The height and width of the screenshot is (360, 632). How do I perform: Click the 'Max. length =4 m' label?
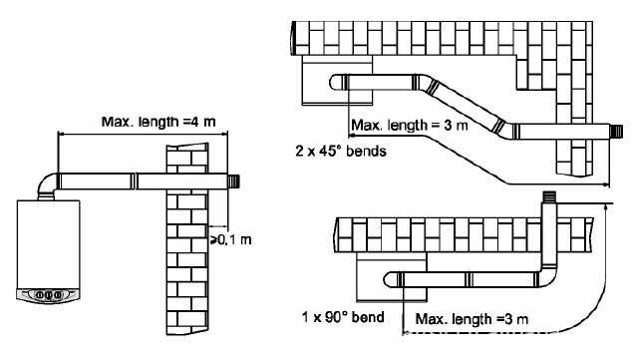pos(158,122)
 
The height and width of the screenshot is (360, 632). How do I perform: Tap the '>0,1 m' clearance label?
pos(231,240)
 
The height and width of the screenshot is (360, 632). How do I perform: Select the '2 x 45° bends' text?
pos(341,151)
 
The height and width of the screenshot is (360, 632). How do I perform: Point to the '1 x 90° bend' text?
pos(343,317)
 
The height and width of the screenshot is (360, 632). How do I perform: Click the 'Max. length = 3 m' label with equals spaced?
pos(409,125)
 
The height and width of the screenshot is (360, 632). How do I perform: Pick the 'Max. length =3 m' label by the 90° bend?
pos(472,319)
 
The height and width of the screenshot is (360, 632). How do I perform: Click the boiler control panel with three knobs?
pos(48,295)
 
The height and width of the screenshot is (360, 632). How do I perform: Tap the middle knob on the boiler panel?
pos(49,295)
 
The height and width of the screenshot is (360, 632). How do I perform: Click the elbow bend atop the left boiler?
pos(48,185)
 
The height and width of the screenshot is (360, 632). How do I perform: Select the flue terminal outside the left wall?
pos(234,181)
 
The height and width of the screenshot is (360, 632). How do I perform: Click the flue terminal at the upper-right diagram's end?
pos(617,131)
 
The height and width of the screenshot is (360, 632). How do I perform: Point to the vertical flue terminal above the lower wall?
pos(549,197)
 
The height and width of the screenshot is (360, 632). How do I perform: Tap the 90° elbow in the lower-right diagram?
pos(548,276)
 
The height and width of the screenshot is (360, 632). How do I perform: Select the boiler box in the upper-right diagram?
pos(337,80)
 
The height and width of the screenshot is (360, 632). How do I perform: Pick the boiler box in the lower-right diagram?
pos(392,277)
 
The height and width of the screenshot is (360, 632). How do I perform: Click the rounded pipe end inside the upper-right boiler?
pos(335,82)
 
